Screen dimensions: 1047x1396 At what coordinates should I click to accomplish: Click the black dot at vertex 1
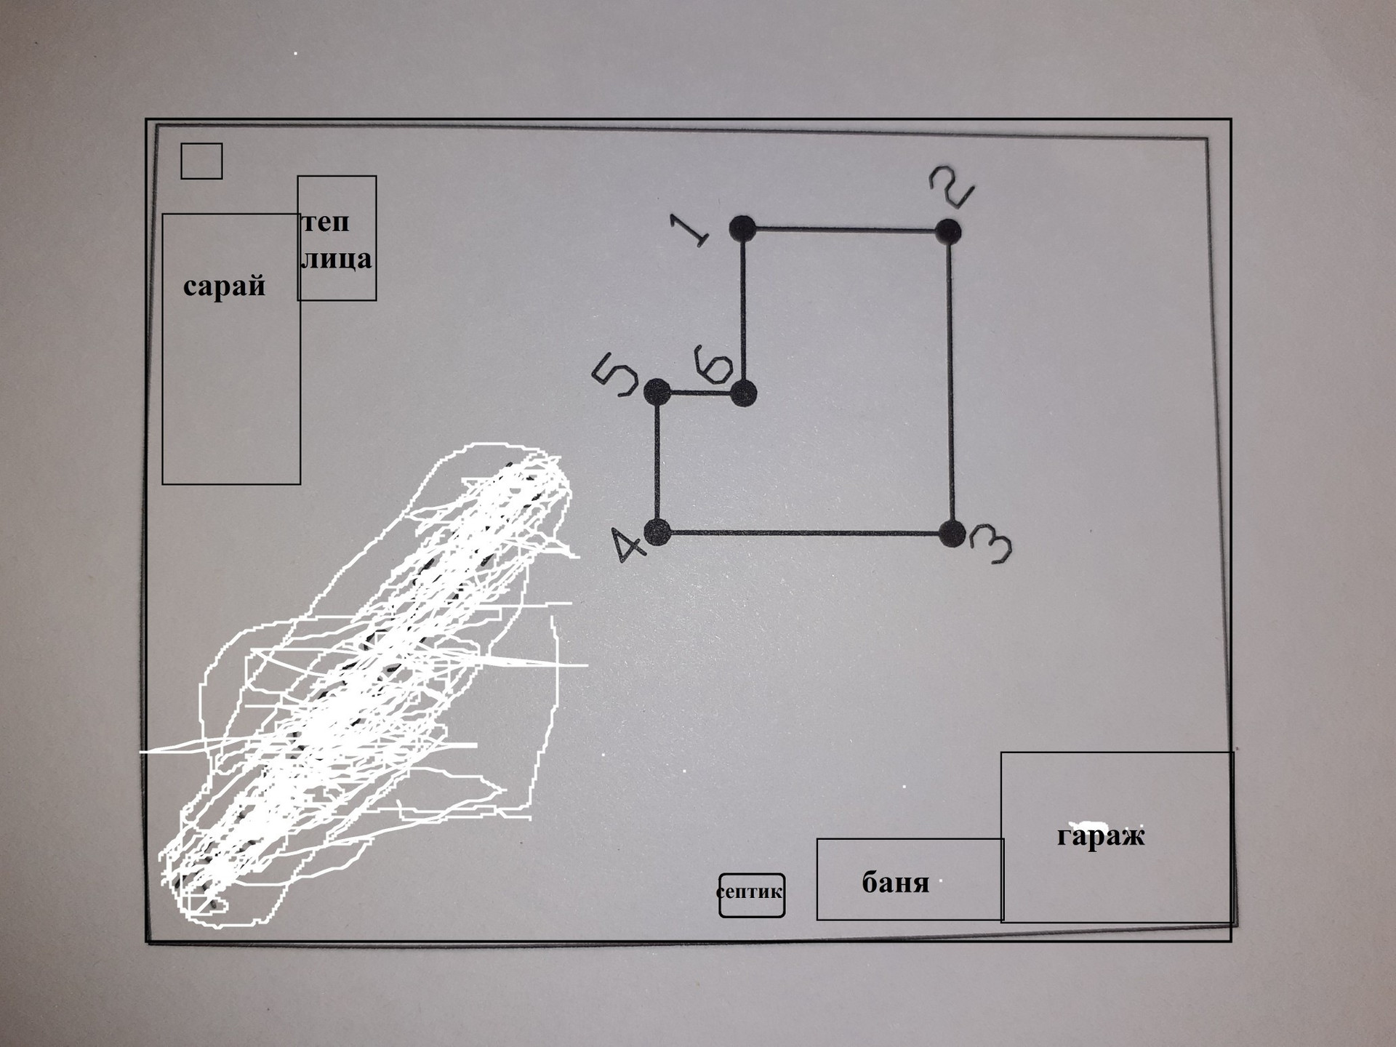(x=742, y=228)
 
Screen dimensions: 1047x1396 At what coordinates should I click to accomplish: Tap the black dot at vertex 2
(x=948, y=231)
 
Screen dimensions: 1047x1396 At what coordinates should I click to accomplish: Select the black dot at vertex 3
(x=952, y=534)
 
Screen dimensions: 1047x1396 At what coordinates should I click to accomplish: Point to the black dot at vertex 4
(x=657, y=532)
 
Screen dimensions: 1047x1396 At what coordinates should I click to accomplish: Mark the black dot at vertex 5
(x=657, y=392)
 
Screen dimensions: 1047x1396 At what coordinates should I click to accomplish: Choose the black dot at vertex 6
(x=743, y=393)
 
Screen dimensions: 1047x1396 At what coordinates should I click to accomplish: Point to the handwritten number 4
(x=627, y=545)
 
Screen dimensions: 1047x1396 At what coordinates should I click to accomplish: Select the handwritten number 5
(x=615, y=374)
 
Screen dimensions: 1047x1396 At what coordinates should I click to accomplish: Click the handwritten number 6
(x=713, y=364)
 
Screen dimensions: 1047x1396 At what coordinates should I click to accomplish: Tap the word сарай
(x=224, y=286)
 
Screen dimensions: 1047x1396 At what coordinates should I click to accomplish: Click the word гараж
(x=1100, y=835)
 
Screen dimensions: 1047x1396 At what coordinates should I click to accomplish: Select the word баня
(x=895, y=883)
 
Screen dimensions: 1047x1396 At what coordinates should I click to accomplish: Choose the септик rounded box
(x=751, y=895)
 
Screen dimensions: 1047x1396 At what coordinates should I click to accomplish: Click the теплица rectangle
(x=337, y=238)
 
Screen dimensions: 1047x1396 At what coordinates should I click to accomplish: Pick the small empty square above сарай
(x=201, y=161)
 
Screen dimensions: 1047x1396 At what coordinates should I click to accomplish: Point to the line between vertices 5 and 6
(x=699, y=393)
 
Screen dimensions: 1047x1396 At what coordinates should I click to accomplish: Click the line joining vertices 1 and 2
(x=845, y=230)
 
